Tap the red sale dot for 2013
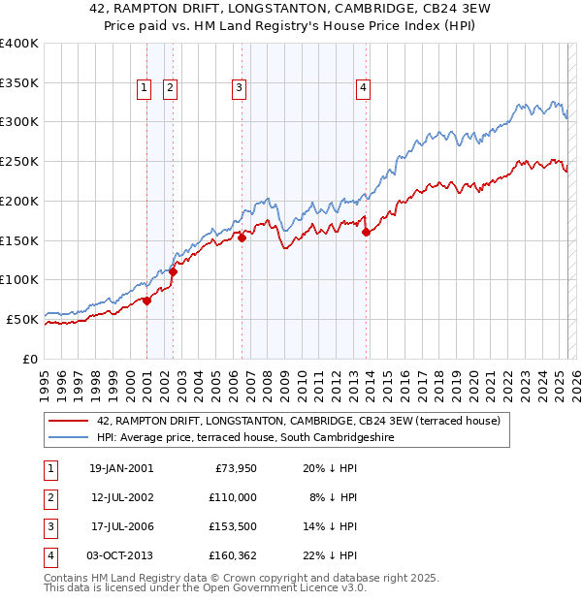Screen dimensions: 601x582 (367, 232)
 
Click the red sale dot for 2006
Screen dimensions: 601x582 (242, 237)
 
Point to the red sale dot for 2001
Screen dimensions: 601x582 (147, 300)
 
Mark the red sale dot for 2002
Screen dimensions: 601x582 (173, 272)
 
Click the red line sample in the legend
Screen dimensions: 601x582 (68, 422)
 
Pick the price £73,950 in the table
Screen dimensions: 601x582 (232, 468)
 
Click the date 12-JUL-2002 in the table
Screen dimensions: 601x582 (120, 497)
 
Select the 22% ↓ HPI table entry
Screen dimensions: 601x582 (332, 555)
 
